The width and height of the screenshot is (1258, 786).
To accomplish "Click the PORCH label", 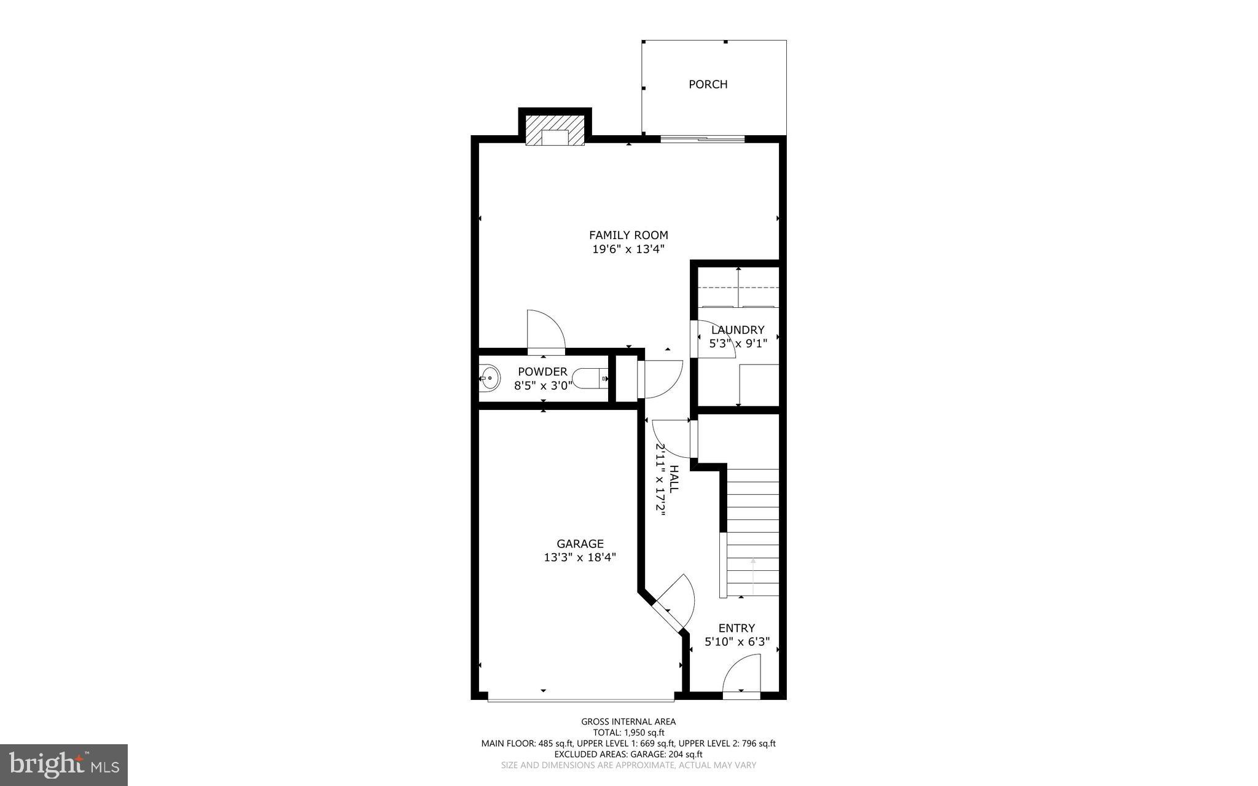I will point(708,84).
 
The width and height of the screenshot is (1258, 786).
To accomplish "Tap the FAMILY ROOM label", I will point(628,235).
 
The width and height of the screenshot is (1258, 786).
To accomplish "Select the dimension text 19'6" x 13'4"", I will point(628,250).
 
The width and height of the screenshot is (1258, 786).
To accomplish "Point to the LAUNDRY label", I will point(738,330).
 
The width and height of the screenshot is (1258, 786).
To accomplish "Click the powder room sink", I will point(491,379).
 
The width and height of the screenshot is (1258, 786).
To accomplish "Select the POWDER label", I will point(542,372).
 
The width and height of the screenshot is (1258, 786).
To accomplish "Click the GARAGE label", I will point(580,544).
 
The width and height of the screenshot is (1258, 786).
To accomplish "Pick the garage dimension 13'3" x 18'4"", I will point(580,558).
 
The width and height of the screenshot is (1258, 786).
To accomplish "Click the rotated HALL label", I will point(674,479).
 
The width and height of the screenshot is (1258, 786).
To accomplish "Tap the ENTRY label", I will point(736,628).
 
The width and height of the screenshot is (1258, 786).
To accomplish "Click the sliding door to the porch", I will point(702,139).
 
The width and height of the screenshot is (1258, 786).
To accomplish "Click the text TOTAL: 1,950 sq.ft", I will point(628,733).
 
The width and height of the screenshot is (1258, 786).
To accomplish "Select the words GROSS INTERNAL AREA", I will point(628,721).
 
